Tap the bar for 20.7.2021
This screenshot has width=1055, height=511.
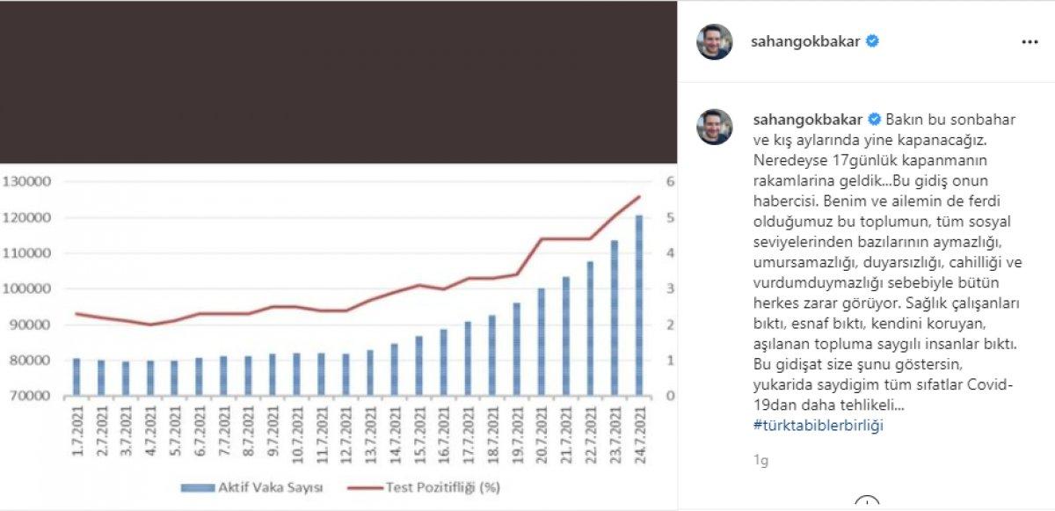point(541,342)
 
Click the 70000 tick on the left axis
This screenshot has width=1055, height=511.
point(30,396)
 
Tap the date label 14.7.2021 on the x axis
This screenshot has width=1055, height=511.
point(393,430)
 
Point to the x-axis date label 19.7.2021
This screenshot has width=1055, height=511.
point(516,430)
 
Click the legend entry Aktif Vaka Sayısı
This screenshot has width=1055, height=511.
point(251,486)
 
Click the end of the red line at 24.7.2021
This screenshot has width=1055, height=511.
point(639,196)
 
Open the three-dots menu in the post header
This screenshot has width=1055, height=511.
point(1030,41)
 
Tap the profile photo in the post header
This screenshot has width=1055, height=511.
point(715,41)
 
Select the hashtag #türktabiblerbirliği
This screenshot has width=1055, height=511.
point(819,426)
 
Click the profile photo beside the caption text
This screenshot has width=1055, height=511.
point(715,127)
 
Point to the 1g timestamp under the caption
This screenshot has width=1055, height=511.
point(760,459)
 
